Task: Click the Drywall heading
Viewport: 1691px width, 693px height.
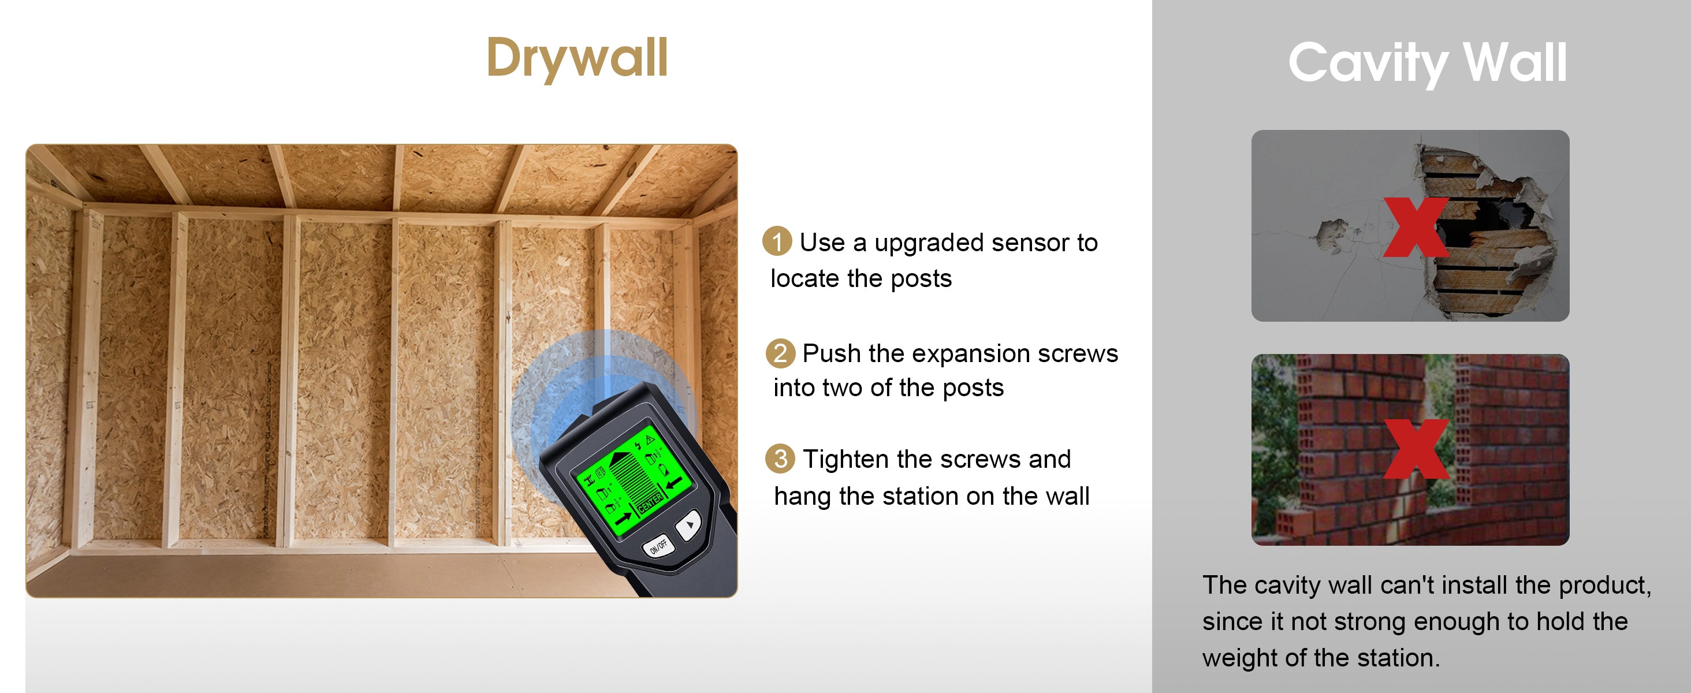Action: [x=577, y=59]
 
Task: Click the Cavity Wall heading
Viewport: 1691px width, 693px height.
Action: [x=1427, y=63]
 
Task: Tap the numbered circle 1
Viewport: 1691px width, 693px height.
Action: [x=777, y=241]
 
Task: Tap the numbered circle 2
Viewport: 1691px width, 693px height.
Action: [x=780, y=353]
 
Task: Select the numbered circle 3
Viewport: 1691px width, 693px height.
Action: [x=780, y=459]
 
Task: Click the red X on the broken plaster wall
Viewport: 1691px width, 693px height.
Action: [x=1416, y=227]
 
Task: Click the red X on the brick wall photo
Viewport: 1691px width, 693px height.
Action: [x=1416, y=449]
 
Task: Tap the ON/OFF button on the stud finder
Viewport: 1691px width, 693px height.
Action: [x=658, y=546]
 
